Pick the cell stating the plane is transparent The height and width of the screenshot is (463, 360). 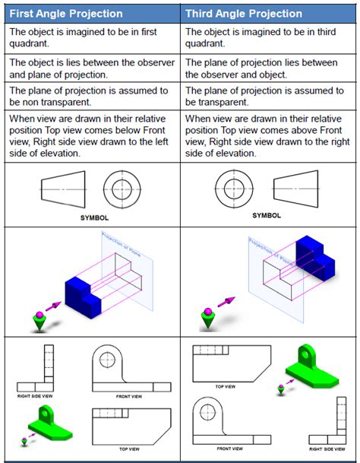(269, 97)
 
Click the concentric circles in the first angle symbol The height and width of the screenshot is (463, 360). (122, 185)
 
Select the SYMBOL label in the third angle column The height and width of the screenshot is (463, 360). (266, 215)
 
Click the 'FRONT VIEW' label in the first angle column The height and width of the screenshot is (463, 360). (127, 396)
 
